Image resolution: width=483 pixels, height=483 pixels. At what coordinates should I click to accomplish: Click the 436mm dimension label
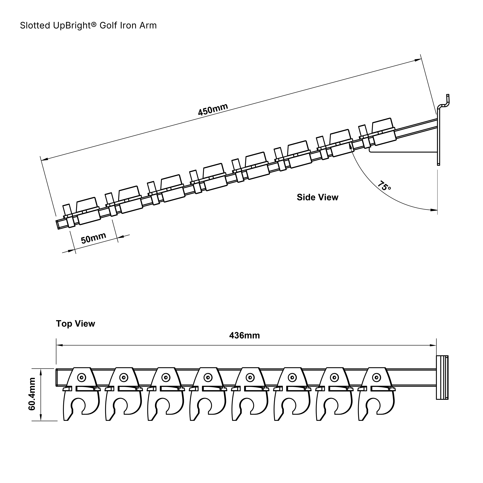point(245,335)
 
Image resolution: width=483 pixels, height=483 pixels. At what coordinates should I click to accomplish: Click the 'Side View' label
point(317,197)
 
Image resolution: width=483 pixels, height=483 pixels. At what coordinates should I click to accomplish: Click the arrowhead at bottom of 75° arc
point(434,210)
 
